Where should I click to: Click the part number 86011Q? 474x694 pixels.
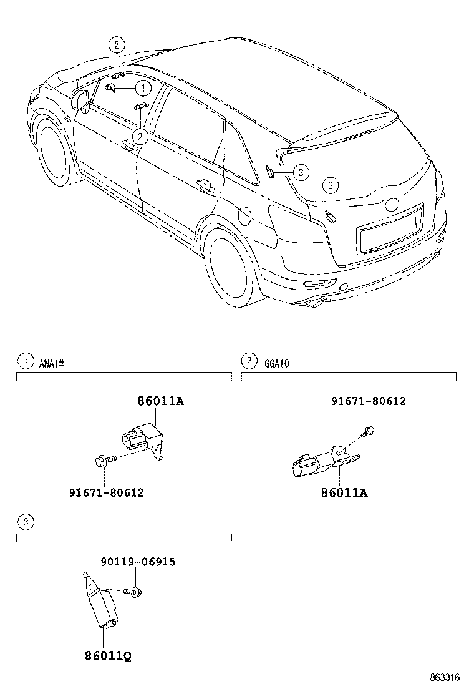point(108,656)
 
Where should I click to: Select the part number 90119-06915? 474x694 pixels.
point(137,562)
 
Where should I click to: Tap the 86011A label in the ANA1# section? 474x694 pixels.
point(160,401)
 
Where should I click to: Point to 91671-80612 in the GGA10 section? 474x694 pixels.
point(368,401)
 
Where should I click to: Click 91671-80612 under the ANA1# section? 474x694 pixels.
point(106,492)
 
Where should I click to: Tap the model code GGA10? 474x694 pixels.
point(276,362)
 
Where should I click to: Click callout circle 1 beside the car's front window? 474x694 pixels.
point(142,89)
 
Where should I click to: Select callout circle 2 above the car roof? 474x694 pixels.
point(117,44)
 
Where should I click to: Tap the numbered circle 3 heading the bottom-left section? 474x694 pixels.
point(24,522)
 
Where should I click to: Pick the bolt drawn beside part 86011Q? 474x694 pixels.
point(133,590)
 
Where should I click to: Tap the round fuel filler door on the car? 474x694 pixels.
point(244,216)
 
